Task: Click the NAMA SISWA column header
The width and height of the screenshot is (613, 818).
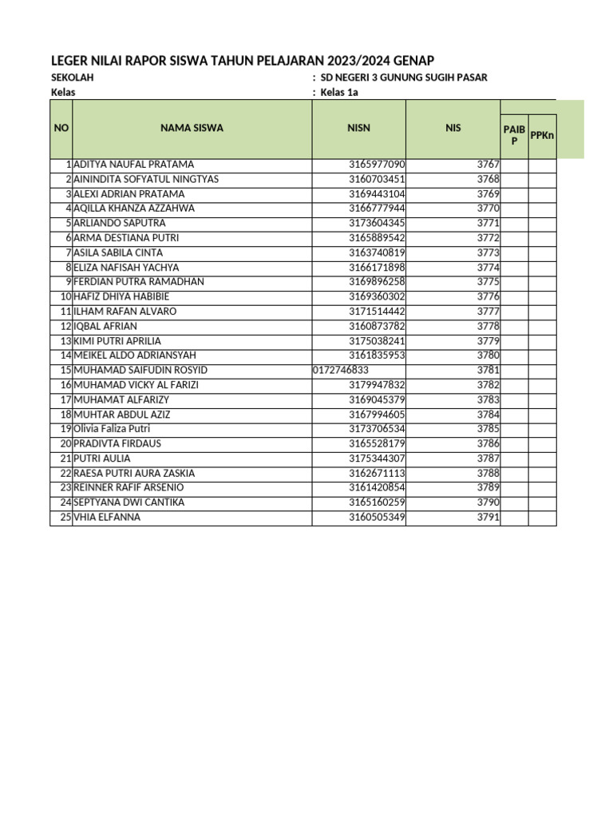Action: tap(192, 128)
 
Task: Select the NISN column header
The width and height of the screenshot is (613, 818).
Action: tap(358, 128)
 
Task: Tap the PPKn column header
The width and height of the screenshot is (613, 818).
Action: tap(543, 135)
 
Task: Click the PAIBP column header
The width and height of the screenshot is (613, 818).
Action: tap(514, 134)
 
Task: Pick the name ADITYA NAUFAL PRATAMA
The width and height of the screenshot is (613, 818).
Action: tap(133, 165)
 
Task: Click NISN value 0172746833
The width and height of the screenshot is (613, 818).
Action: tap(340, 370)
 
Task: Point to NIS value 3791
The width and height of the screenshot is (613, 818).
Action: tap(488, 517)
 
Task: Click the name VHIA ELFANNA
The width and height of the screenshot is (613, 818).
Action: tap(107, 517)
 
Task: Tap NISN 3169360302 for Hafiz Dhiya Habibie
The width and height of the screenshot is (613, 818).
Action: tap(377, 296)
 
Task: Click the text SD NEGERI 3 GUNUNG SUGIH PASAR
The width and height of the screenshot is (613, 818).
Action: tap(403, 77)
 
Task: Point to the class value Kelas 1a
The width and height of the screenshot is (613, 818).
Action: tap(340, 93)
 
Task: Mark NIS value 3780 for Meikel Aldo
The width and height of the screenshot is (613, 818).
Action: tap(488, 355)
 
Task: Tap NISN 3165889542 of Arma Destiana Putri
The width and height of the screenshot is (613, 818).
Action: tap(377, 238)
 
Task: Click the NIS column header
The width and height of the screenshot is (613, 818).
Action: tap(453, 128)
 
